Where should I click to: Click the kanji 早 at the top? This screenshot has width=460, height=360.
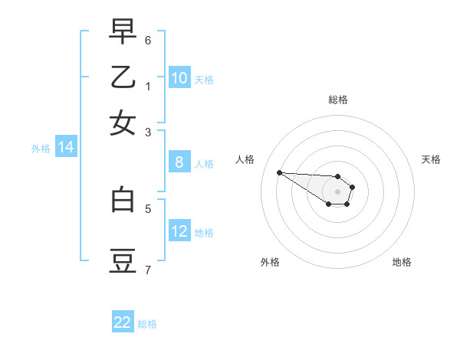pyautogui.click(x=123, y=33)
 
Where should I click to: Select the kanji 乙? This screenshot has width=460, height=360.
pyautogui.click(x=123, y=78)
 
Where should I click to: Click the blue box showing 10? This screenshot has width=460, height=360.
pyautogui.click(x=179, y=78)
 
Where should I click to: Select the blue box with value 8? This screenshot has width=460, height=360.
pyautogui.click(x=179, y=162)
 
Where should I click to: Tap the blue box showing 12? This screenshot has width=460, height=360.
pyautogui.click(x=179, y=231)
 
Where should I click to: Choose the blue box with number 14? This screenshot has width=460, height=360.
pyautogui.click(x=66, y=148)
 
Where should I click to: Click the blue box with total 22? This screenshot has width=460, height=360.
pyautogui.click(x=123, y=322)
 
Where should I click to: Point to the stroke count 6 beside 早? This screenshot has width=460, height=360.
pyautogui.click(x=148, y=39)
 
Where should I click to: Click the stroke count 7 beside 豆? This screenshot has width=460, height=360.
pyautogui.click(x=148, y=270)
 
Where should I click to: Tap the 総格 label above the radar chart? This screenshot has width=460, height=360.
pyautogui.click(x=337, y=100)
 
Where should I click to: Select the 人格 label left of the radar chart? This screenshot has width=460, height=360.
pyautogui.click(x=245, y=159)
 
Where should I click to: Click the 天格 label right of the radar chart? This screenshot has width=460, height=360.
pyautogui.click(x=431, y=159)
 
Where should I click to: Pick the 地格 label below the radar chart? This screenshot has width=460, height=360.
pyautogui.click(x=402, y=262)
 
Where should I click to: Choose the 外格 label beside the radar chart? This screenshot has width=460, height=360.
pyautogui.click(x=270, y=262)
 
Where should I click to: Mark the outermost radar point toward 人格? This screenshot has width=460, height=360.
pyautogui.click(x=280, y=172)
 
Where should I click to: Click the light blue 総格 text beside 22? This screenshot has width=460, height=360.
pyautogui.click(x=147, y=323)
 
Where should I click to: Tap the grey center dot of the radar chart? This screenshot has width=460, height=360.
pyautogui.click(x=337, y=191)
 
